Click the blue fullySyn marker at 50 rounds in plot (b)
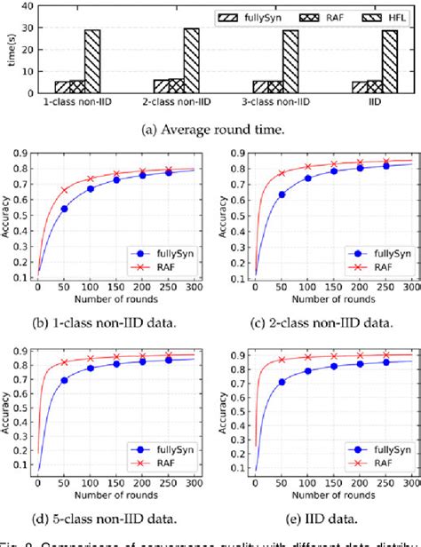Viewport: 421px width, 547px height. (63, 209)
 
